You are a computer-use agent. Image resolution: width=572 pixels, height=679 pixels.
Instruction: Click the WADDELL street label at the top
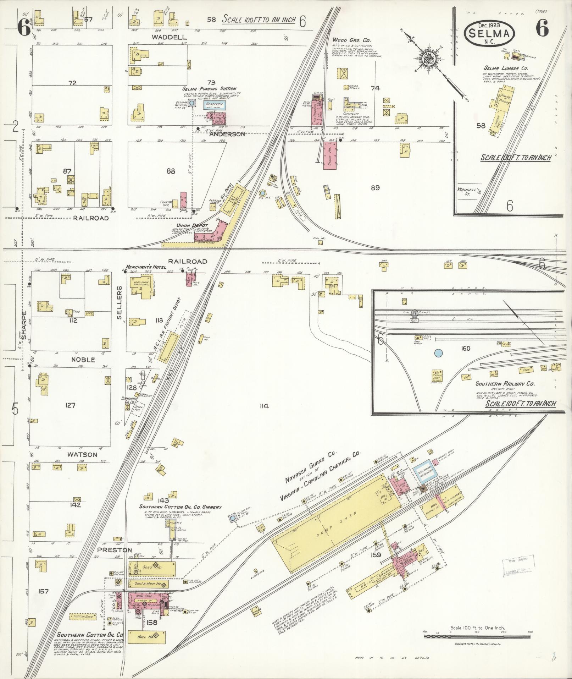tap(165, 37)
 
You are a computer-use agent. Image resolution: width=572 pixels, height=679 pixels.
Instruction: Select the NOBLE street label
tap(83, 360)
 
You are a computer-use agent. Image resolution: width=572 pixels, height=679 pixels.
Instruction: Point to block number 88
tap(171, 171)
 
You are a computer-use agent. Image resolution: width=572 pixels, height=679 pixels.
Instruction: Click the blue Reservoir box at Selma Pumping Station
tap(215, 104)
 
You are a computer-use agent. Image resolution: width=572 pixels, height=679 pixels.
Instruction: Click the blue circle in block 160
tap(438, 353)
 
